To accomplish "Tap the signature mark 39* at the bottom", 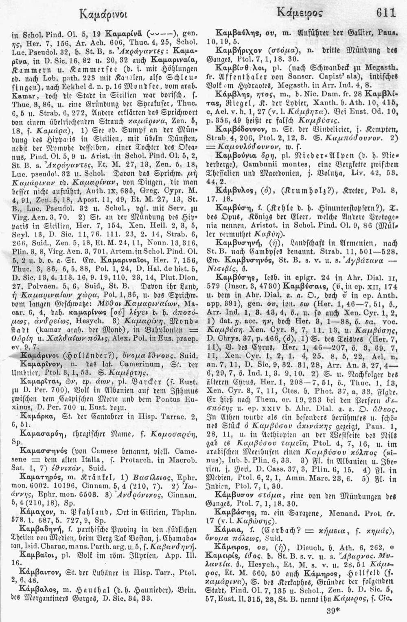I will point(334,612).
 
